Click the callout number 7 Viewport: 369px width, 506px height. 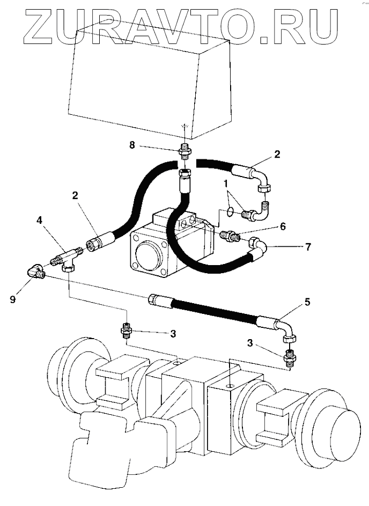pos(307,248)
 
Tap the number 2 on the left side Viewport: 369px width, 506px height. pos(77,196)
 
